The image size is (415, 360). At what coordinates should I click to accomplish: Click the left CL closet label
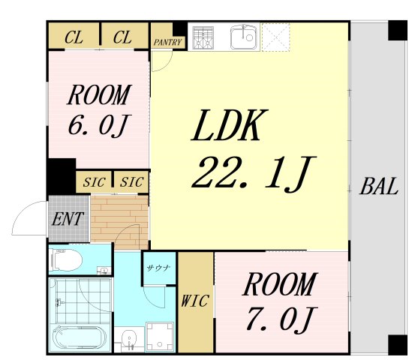pos(74,36)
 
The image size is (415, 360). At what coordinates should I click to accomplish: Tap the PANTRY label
pos(167,42)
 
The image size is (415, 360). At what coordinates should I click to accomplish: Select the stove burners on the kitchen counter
pos(203,37)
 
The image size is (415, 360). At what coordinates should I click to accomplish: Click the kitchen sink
pos(244,37)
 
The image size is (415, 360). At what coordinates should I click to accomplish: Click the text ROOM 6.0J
pos(99,110)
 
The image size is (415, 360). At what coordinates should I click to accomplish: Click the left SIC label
pos(94,182)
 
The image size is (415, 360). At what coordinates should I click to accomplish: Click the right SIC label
pos(131,182)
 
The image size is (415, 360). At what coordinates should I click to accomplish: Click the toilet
pos(68,260)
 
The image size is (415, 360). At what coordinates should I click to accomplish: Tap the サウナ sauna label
pos(158,267)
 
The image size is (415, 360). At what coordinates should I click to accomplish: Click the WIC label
pos(196,300)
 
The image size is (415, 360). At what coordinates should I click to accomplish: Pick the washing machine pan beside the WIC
pos(160,336)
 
